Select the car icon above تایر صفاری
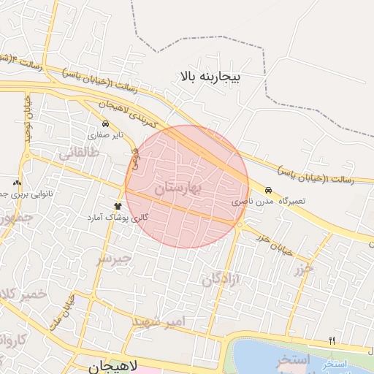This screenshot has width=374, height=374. pyautogui.click(x=107, y=124)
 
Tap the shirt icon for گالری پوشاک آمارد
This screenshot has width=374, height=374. pyautogui.click(x=118, y=207)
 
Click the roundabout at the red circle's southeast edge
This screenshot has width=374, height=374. pyautogui.click(x=239, y=224)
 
